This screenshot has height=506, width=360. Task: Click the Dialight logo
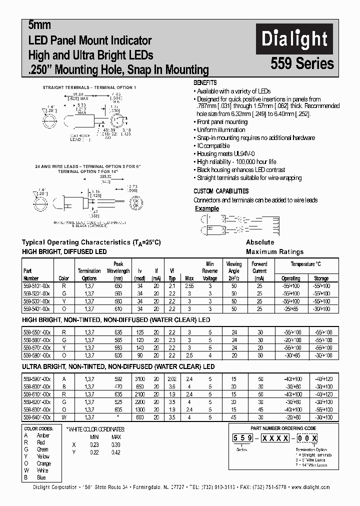coord(294,39)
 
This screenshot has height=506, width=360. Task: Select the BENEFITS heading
coord(205,82)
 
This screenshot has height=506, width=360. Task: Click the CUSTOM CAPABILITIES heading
coord(221,191)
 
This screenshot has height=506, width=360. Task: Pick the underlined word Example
coord(207,208)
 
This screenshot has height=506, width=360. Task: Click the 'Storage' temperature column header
coord(321,278)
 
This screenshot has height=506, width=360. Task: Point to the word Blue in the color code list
coord(42,477)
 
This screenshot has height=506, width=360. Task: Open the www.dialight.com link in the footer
coord(310,487)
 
